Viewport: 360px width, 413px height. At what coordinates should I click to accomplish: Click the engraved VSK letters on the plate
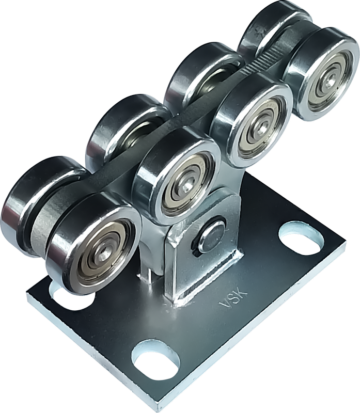point(234,298)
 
